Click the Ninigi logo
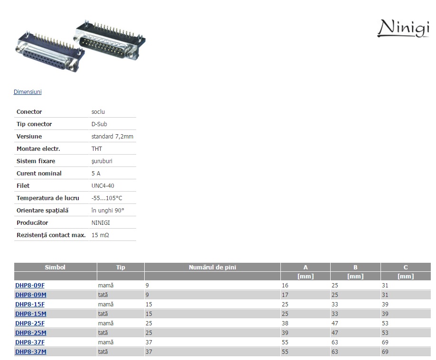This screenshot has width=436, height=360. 403,28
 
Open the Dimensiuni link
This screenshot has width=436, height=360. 28,92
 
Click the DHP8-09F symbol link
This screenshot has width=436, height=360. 30,285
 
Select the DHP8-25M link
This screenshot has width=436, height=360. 30,333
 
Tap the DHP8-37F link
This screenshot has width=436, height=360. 30,342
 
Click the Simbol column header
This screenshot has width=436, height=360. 55,267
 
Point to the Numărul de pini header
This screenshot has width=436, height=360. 213,267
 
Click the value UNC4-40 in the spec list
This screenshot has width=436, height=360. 102,186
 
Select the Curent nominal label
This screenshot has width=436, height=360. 39,174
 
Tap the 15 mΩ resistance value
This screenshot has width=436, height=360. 100,235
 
